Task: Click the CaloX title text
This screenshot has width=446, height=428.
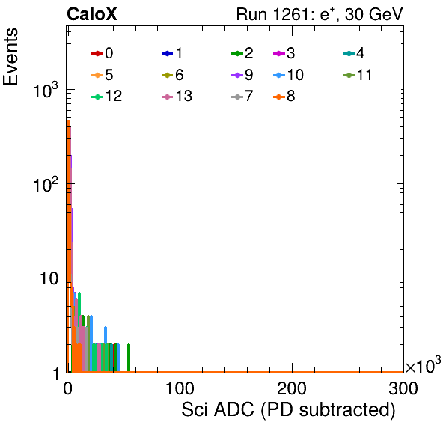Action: pos(92,14)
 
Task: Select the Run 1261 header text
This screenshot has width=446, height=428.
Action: pos(320,14)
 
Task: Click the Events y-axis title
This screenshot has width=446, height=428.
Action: pos(10,57)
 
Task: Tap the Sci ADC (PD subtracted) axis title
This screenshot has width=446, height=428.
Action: pos(288,410)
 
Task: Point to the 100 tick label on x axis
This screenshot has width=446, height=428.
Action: pos(180,388)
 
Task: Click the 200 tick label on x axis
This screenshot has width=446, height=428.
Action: pos(292,388)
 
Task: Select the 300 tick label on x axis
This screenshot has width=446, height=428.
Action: pos(403,388)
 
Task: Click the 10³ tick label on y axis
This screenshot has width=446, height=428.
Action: pos(46,90)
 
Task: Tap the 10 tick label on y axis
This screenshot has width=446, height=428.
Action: pos(49,278)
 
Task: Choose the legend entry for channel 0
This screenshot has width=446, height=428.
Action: pos(102,53)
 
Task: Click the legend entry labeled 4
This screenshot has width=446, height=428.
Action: pos(354,53)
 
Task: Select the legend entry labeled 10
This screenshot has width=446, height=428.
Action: pos(288,75)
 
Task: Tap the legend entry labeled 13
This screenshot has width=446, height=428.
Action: pos(177,96)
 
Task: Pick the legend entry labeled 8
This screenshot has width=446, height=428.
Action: pos(284,96)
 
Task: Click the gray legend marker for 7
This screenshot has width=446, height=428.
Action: pos(237,97)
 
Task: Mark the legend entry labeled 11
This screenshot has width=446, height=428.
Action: pos(358,75)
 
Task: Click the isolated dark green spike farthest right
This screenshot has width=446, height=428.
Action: pos(129,358)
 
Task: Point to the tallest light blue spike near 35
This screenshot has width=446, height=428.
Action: pos(106,349)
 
